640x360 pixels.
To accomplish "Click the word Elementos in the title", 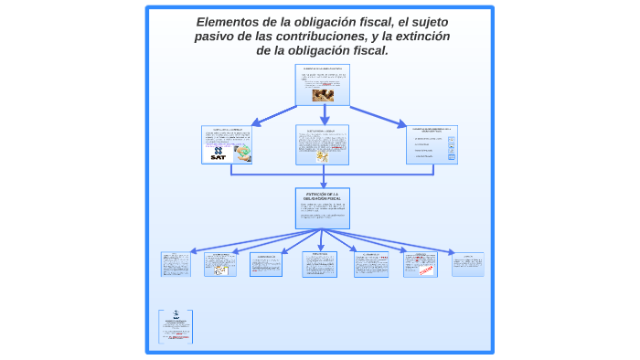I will click(229, 22).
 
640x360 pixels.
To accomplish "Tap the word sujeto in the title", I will click(425, 22).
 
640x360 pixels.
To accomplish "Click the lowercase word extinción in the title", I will click(421, 37).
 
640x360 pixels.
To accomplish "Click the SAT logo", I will click(218, 153).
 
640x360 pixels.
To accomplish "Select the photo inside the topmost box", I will click(322, 93).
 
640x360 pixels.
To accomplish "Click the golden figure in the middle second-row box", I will click(322, 155).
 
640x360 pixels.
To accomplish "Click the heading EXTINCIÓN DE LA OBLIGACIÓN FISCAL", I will click(322, 196).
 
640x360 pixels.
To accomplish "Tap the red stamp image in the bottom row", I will click(424, 270).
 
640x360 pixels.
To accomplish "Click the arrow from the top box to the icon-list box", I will click(378, 116).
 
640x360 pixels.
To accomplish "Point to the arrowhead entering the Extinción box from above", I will click(323, 184).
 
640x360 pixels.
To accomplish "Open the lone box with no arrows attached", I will click(176, 326).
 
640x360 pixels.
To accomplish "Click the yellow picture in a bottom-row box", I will click(220, 270).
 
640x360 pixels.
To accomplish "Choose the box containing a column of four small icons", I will click(432, 144).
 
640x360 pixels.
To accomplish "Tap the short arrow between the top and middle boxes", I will click(324, 114).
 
